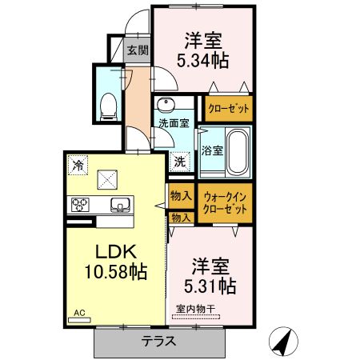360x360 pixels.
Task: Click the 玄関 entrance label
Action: click(137, 50)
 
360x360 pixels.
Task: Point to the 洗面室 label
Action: click(173, 124)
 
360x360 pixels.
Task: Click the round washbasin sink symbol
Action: click(166, 106)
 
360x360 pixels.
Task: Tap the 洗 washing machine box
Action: click(180, 160)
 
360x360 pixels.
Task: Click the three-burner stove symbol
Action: click(81, 204)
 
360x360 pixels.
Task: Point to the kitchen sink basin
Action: click(118, 203)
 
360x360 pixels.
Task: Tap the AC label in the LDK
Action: click(79, 313)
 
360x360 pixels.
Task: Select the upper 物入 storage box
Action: click(180, 194)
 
